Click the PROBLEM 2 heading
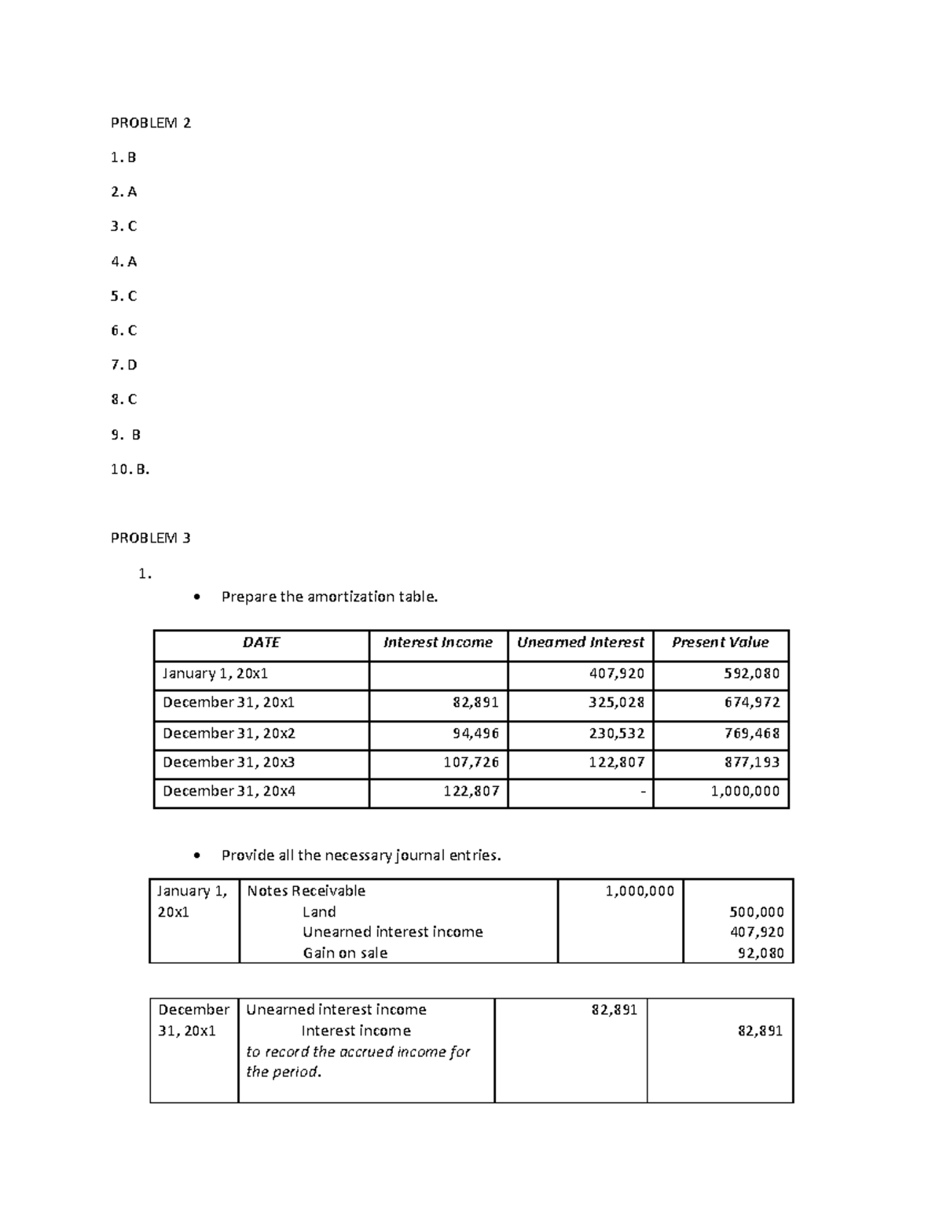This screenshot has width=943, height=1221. tap(151, 123)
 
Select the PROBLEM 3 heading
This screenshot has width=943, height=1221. tap(151, 539)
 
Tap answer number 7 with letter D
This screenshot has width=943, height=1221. tap(124, 365)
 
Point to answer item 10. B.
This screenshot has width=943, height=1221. tap(130, 469)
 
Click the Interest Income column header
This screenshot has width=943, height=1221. tap(438, 642)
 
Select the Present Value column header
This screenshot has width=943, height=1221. tap(720, 642)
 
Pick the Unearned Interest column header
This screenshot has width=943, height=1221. tap(580, 642)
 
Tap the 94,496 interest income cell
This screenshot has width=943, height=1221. tap(475, 734)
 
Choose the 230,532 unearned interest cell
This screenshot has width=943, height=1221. tap(617, 734)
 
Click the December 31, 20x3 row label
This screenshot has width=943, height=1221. tap(229, 762)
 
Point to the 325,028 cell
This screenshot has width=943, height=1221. tap(617, 702)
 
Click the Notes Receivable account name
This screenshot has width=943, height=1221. tap(306, 891)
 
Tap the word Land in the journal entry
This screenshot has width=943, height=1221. tap(319, 912)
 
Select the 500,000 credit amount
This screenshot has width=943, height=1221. tap(758, 912)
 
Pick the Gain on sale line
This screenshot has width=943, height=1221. tap(345, 953)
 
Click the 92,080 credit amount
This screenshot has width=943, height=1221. tap(761, 953)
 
